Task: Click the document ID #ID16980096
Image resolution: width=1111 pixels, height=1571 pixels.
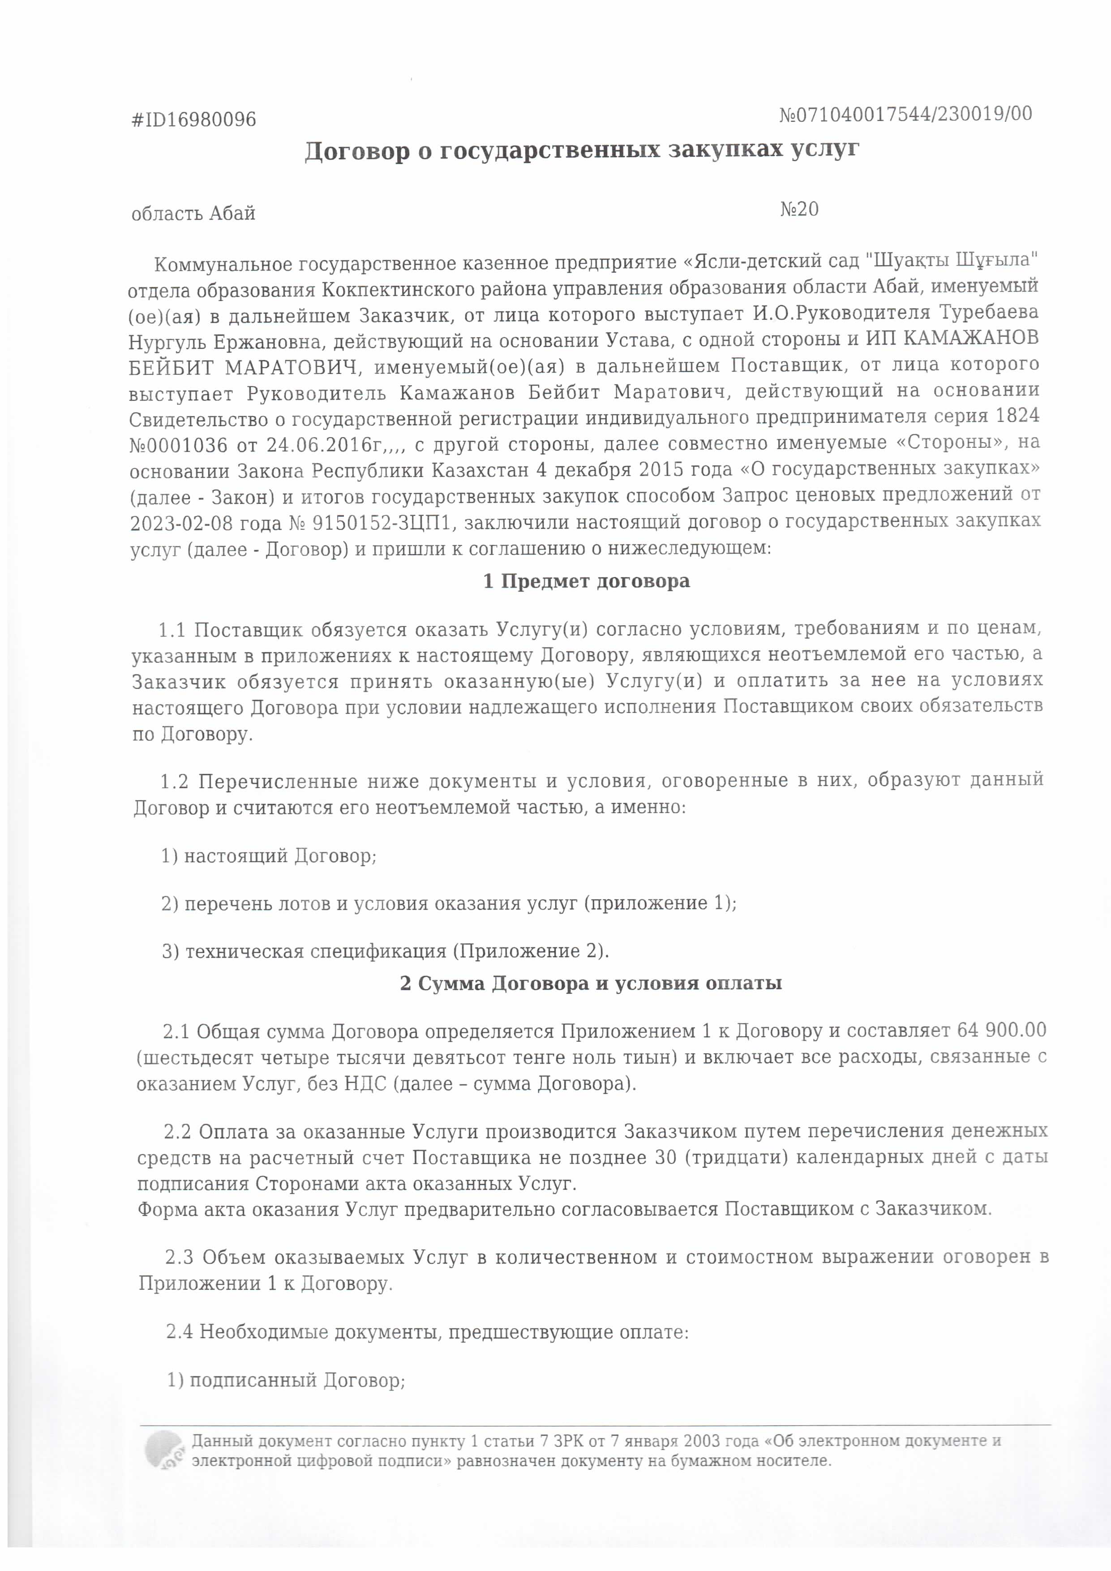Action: tap(193, 120)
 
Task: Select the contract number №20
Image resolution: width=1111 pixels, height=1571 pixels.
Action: tap(799, 209)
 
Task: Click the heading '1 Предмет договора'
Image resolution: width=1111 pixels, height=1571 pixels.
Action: tap(586, 582)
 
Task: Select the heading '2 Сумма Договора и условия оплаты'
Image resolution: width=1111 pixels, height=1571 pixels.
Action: tap(590, 984)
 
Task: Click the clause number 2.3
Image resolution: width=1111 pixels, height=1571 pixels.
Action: tap(179, 1258)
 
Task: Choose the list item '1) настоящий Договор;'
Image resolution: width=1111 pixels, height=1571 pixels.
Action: tap(269, 856)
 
